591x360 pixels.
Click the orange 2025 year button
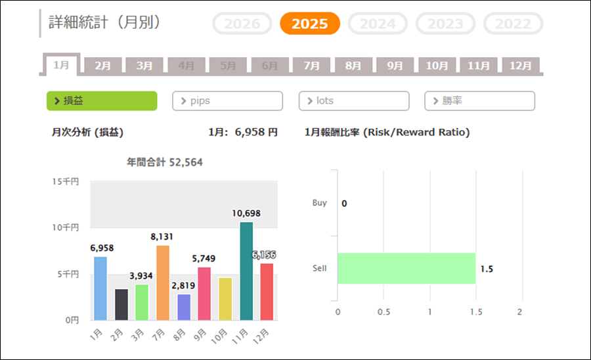click(x=309, y=24)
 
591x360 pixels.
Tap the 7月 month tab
click(x=311, y=66)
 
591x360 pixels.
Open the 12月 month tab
click(x=520, y=66)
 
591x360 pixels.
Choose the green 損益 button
click(x=102, y=101)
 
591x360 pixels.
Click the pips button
click(x=227, y=101)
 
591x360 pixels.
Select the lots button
click(x=353, y=101)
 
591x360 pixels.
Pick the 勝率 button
click(x=479, y=101)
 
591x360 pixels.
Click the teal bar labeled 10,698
click(x=246, y=271)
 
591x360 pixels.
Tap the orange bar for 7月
click(x=163, y=282)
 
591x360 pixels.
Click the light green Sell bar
click(x=406, y=268)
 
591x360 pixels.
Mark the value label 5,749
click(x=204, y=259)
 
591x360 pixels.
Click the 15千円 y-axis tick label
click(x=66, y=181)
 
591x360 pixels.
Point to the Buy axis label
click(x=319, y=203)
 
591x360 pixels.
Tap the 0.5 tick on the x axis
click(x=383, y=311)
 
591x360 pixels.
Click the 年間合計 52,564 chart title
click(x=164, y=162)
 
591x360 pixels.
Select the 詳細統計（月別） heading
click(x=105, y=22)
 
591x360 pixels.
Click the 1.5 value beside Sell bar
click(x=487, y=269)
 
